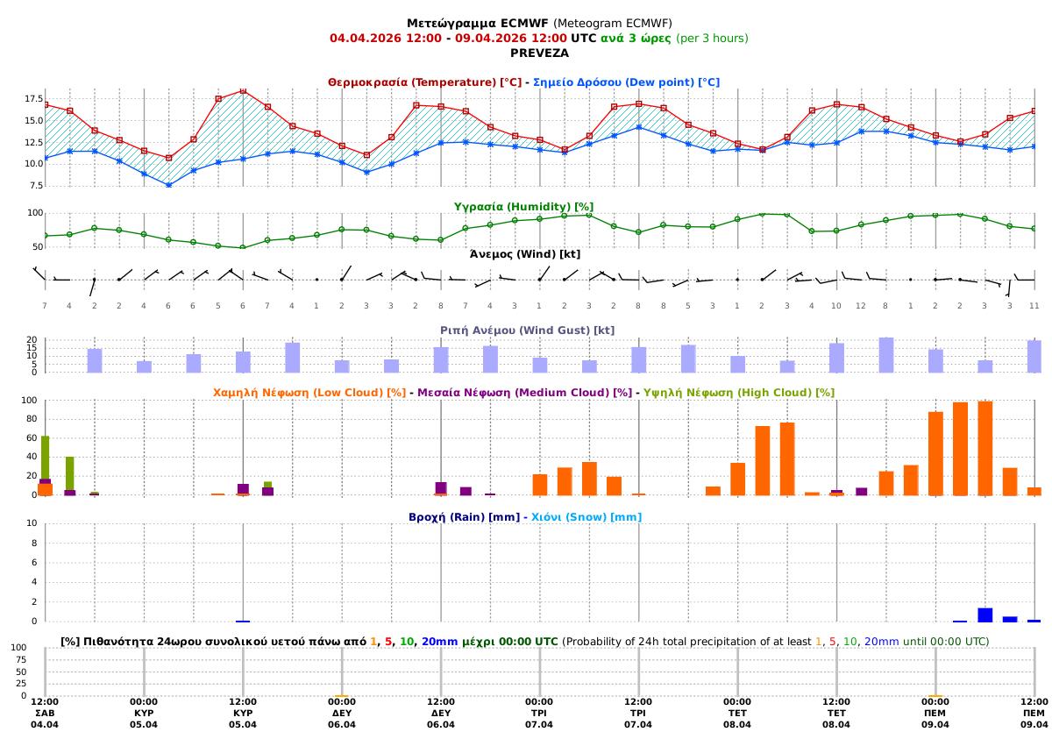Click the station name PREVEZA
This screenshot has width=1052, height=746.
tap(539, 53)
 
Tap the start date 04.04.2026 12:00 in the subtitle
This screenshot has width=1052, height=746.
tap(385, 38)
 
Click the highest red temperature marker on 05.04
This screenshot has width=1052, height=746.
tap(243, 90)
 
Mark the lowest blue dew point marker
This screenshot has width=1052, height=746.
tap(168, 185)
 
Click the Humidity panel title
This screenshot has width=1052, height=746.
tap(523, 206)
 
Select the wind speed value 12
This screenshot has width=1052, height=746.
tap(861, 304)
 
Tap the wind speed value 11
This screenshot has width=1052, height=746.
tap(1034, 304)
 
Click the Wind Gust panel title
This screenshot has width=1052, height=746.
tap(527, 330)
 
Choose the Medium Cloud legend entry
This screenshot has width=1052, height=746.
tap(524, 392)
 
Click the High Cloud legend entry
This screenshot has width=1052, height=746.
tap(738, 392)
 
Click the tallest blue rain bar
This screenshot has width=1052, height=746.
tap(984, 615)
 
